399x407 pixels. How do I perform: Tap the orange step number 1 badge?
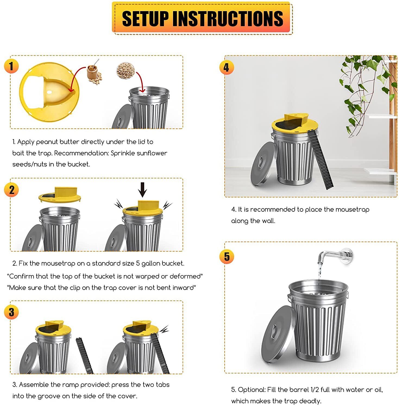(x=11, y=66)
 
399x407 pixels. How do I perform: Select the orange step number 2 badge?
(x=11, y=190)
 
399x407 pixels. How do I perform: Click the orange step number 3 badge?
(x=11, y=312)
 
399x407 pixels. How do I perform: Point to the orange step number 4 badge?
(x=226, y=67)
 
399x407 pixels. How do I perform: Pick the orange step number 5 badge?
(x=226, y=256)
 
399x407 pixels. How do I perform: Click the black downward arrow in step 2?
(x=142, y=189)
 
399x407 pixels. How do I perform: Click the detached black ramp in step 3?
(x=84, y=355)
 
